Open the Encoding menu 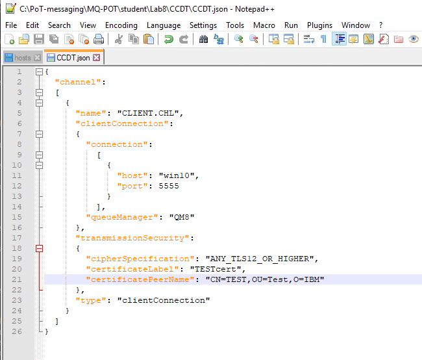(x=121, y=25)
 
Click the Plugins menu (x=319, y=25)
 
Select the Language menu (x=164, y=25)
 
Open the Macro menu (x=264, y=25)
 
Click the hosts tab (x=23, y=58)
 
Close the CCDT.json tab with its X (x=96, y=57)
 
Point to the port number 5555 (x=169, y=186)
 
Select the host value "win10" (x=177, y=175)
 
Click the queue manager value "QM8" (x=182, y=217)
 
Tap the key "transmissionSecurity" (x=132, y=238)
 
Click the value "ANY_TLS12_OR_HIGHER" (x=260, y=259)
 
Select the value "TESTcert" (x=216, y=269)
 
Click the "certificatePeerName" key (x=140, y=279)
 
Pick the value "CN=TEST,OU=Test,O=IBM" (x=265, y=279)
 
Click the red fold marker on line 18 (x=40, y=248)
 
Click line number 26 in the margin (x=17, y=331)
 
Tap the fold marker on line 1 (x=40, y=71)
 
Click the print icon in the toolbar (x=99, y=40)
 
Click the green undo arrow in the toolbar (x=169, y=40)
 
